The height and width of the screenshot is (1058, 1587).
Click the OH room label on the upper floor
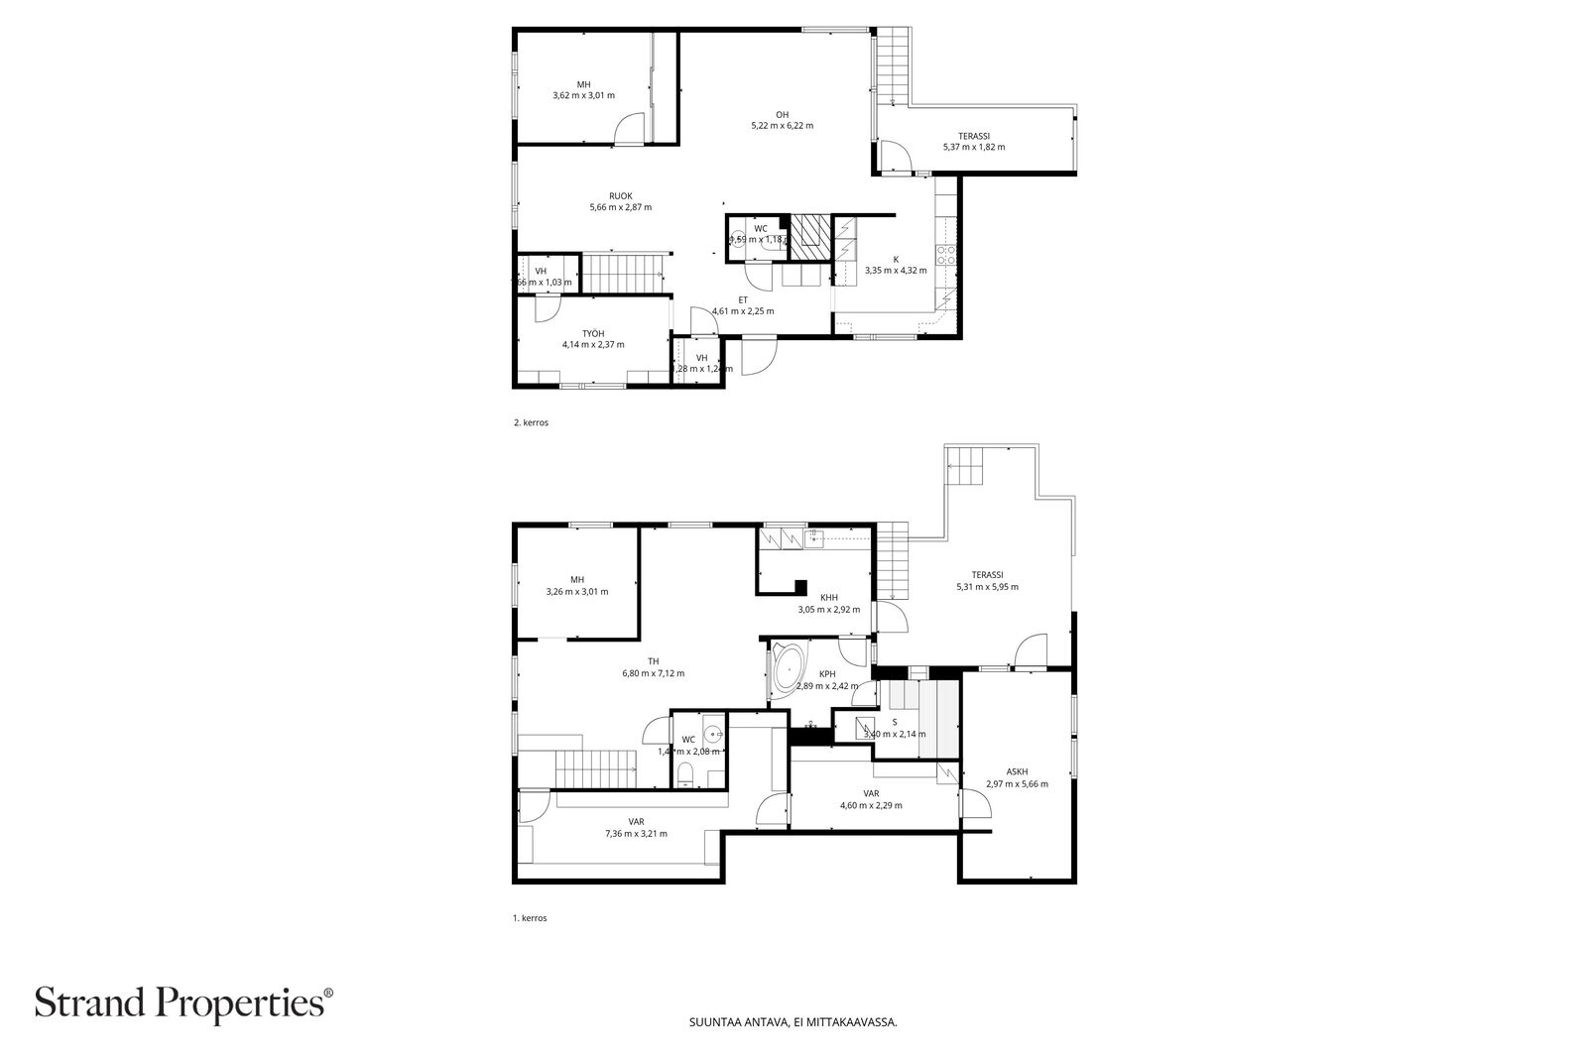[782, 120]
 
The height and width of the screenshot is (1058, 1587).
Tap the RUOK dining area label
[620, 201]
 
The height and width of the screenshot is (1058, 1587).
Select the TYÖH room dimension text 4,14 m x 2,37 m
[593, 344]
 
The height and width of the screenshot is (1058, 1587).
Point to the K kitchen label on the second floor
[895, 264]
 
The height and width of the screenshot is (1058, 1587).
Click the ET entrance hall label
[742, 305]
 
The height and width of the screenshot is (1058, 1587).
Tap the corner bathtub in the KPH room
[790, 668]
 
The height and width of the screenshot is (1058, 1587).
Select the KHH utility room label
[828, 603]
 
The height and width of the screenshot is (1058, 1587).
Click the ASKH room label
[1017, 777]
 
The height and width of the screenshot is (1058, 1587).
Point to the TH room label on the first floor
[653, 667]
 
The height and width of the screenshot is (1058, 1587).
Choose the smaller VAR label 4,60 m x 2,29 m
[871, 799]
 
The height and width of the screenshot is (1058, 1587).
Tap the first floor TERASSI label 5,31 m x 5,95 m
[987, 580]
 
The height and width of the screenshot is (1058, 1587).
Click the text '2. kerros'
[531, 422]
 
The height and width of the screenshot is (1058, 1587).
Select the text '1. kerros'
[530, 918]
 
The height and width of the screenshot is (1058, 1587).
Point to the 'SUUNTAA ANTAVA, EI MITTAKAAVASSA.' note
[793, 1049]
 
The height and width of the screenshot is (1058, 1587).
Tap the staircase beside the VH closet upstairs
[622, 273]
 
